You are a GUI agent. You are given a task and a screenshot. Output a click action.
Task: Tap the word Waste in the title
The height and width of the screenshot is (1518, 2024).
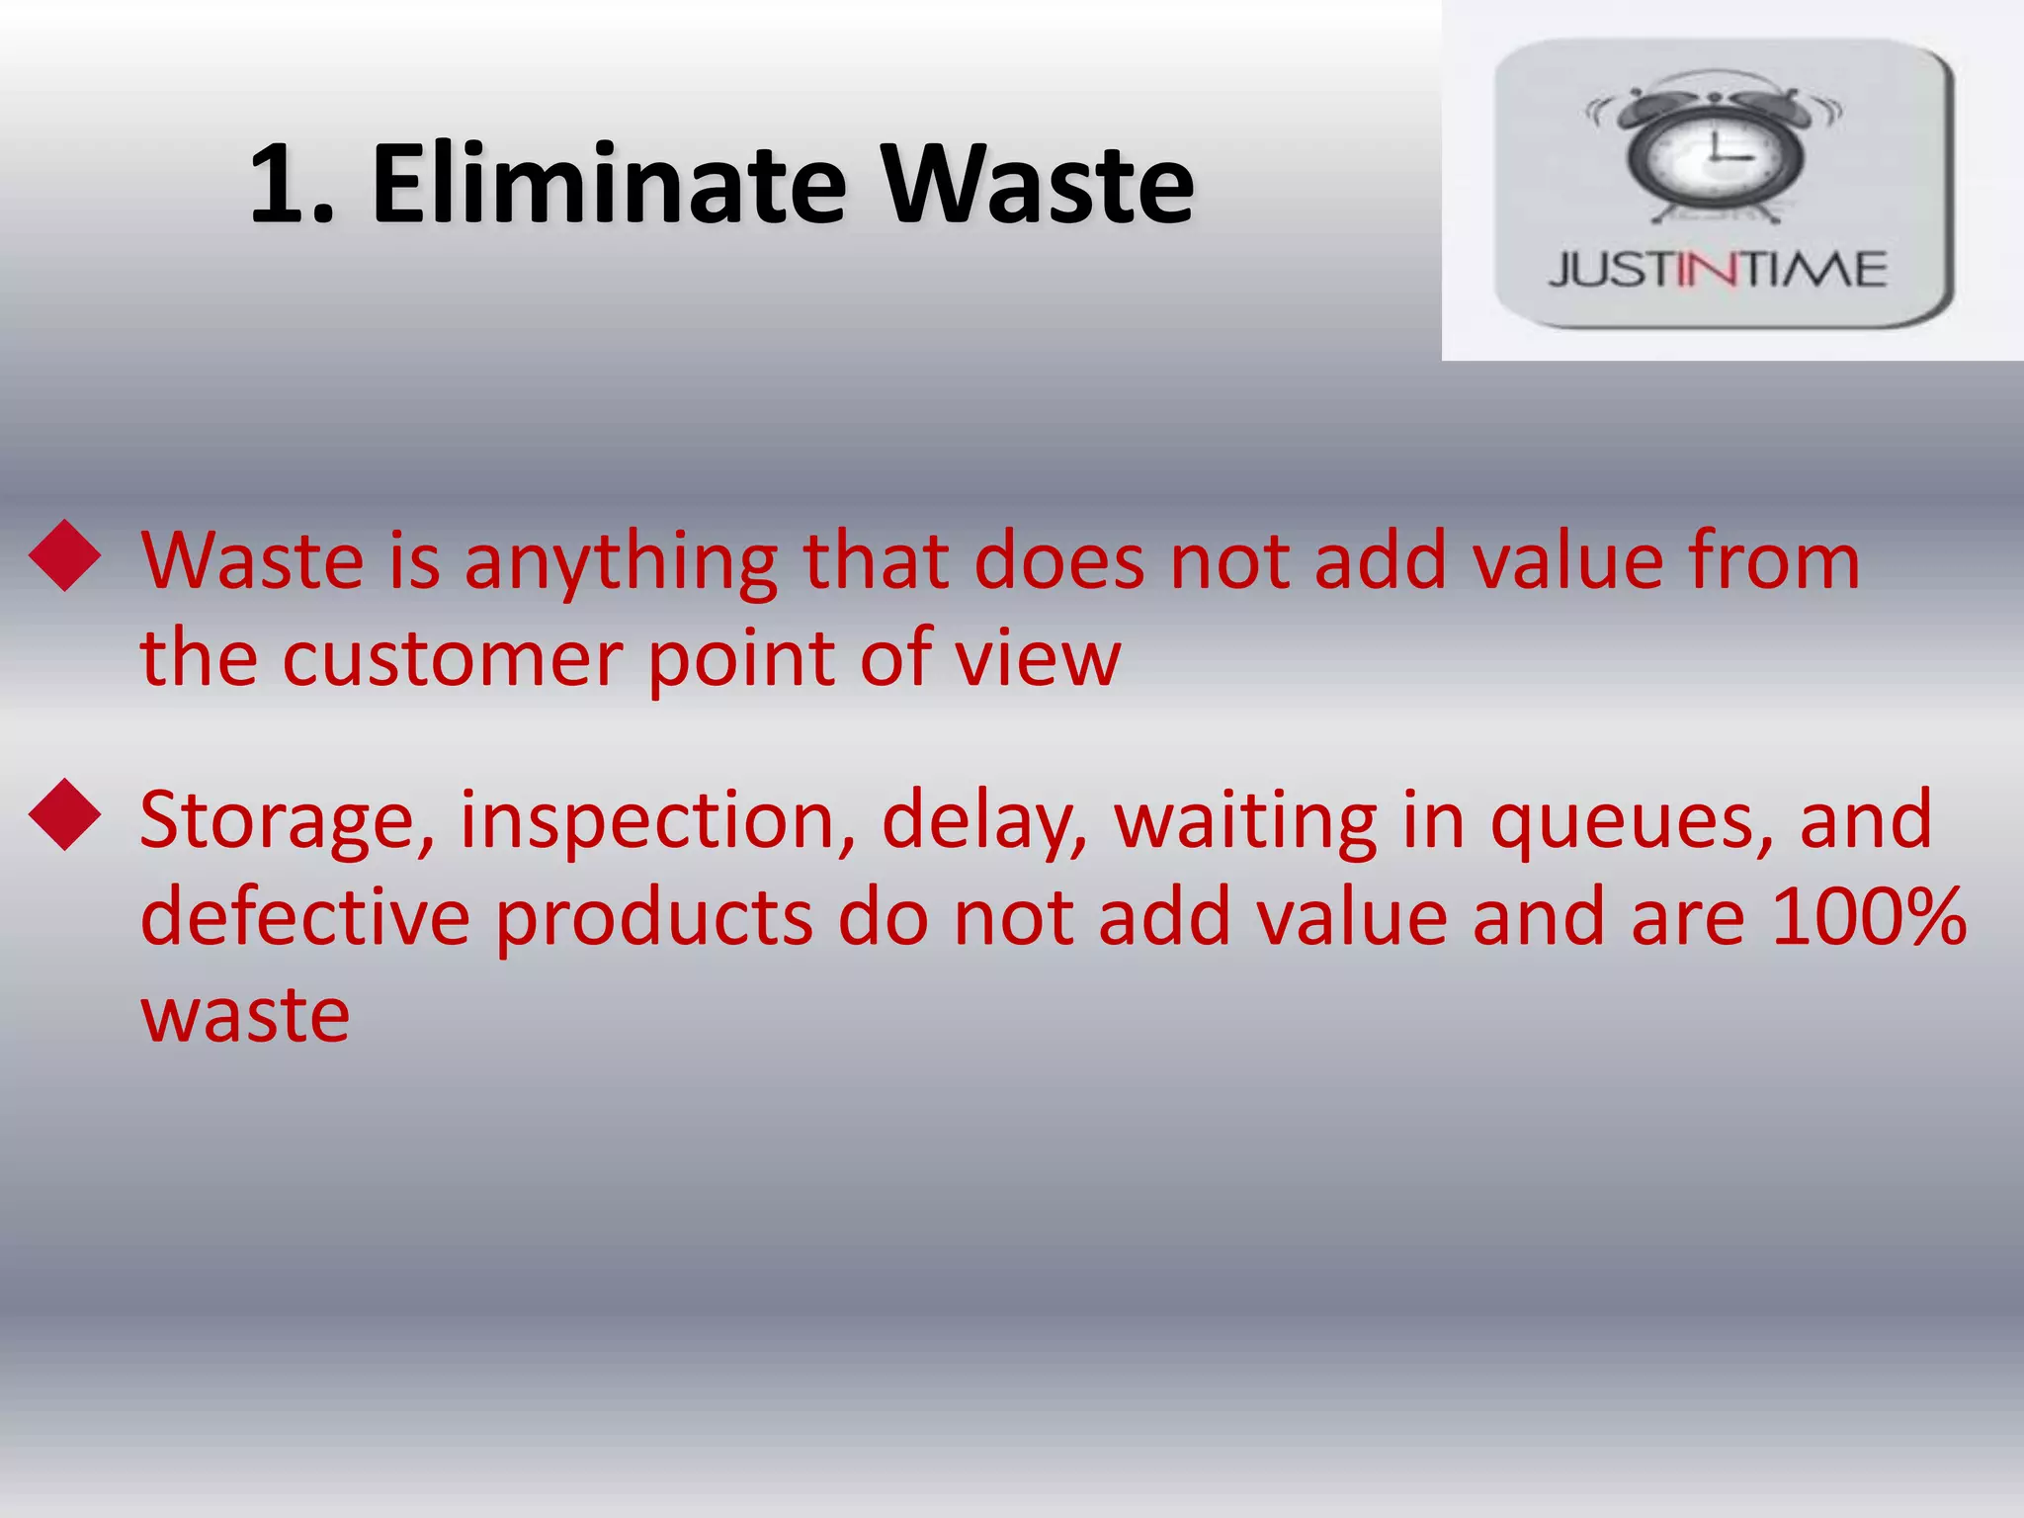pyautogui.click(x=1038, y=185)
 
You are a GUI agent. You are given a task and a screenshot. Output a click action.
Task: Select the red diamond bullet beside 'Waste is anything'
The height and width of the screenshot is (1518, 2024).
pyautogui.click(x=65, y=556)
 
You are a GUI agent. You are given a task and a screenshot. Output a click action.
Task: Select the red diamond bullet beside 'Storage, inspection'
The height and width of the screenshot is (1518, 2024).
pyautogui.click(x=65, y=815)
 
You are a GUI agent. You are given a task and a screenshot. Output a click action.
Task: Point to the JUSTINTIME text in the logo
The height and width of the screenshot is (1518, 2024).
pyautogui.click(x=1718, y=270)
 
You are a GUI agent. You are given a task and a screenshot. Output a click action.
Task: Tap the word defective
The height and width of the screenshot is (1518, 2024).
pyautogui.click(x=304, y=917)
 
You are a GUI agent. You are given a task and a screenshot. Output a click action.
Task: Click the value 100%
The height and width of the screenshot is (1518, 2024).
pyautogui.click(x=1869, y=917)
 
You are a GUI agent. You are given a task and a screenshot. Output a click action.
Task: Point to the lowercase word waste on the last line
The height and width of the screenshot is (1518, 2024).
pyautogui.click(x=245, y=1016)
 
